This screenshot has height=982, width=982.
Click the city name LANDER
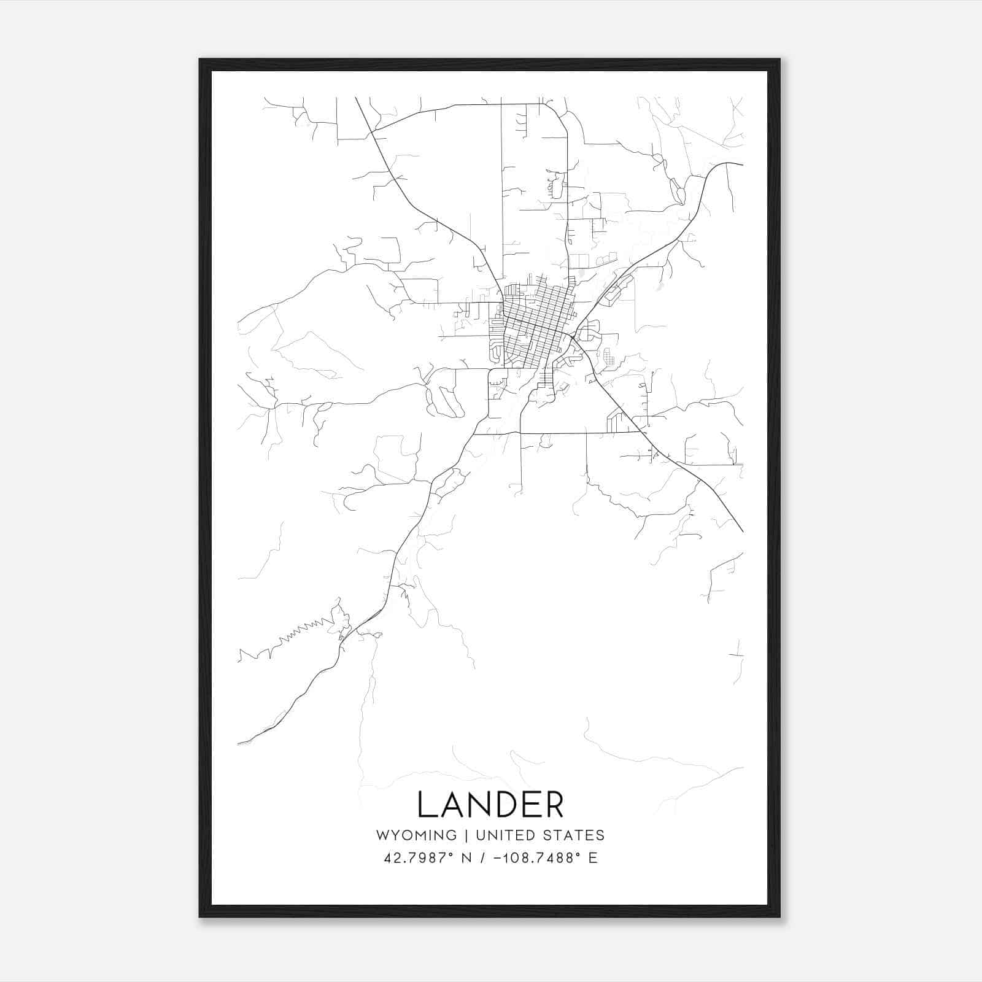pyautogui.click(x=490, y=805)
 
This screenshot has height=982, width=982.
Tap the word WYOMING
pyautogui.click(x=416, y=835)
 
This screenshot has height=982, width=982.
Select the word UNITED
pyautogui.click(x=506, y=835)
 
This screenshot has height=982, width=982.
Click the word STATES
pyautogui.click(x=574, y=835)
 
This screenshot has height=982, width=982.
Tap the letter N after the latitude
pyautogui.click(x=466, y=858)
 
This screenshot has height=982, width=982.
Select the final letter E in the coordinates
pyautogui.click(x=593, y=858)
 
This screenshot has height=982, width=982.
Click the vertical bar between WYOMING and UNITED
pyautogui.click(x=466, y=835)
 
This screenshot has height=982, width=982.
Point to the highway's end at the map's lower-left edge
pyautogui.click(x=239, y=743)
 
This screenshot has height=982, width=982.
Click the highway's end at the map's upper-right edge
pyautogui.click(x=742, y=164)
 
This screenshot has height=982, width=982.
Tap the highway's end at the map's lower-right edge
pyautogui.click(x=742, y=530)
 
